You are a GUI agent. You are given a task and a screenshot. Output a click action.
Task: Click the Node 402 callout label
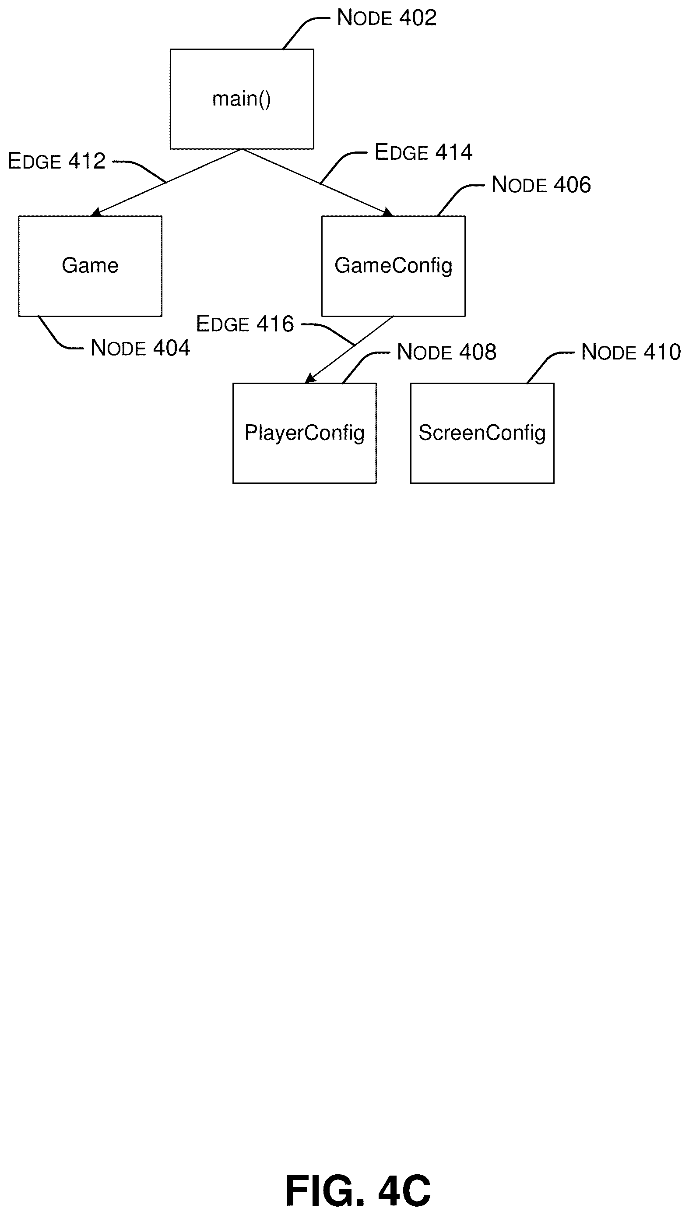click(x=387, y=18)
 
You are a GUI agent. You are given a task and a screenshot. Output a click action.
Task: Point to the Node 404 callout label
click(x=140, y=348)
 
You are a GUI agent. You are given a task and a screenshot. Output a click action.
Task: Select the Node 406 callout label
click(x=541, y=185)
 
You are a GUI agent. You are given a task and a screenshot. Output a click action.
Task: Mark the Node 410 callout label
click(x=631, y=352)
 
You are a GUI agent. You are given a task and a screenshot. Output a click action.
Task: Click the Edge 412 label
click(x=56, y=162)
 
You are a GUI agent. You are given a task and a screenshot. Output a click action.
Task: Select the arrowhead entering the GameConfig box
click(x=388, y=212)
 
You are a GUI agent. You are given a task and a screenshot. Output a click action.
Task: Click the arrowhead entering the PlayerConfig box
click(x=309, y=378)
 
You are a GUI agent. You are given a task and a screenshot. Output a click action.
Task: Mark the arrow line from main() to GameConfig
click(x=317, y=183)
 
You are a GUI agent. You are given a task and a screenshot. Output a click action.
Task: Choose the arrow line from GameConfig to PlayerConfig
click(x=349, y=349)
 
